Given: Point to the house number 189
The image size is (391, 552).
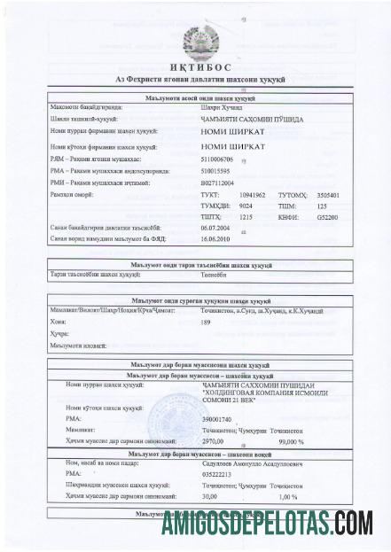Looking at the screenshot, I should click(x=206, y=323).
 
